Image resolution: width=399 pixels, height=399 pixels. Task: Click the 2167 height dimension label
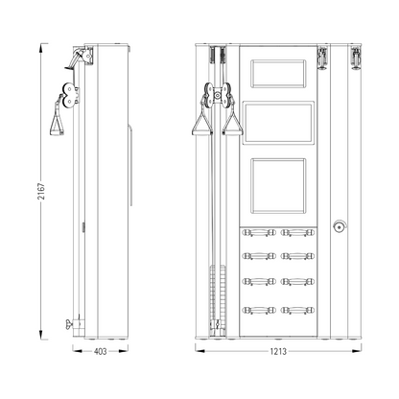click(x=41, y=191)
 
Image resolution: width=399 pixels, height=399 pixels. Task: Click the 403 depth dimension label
click(x=100, y=351)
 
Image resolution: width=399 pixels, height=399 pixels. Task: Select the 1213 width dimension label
click(x=278, y=351)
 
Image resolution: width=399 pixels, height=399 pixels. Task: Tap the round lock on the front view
click(x=340, y=226)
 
